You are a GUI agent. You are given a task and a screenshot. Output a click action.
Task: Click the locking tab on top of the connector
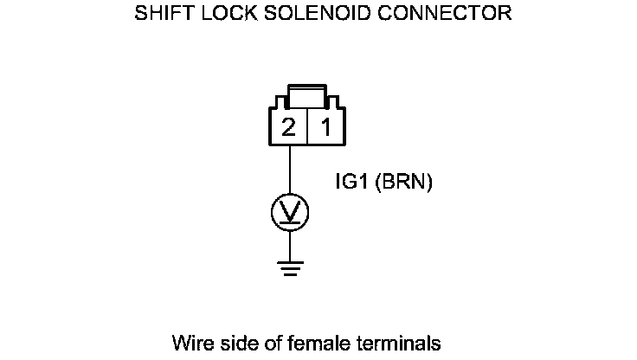click(307, 93)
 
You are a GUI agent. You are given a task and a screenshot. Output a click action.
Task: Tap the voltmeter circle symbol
click(289, 210)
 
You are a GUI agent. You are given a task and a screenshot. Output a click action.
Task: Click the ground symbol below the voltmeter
click(289, 269)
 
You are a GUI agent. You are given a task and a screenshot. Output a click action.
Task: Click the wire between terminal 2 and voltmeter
click(289, 169)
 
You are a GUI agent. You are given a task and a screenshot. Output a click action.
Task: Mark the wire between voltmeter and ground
click(289, 244)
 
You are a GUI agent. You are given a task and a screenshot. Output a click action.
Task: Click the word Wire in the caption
click(190, 342)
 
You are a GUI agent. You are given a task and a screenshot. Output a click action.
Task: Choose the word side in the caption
click(233, 342)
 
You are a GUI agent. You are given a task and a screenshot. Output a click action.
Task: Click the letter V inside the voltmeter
click(289, 209)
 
